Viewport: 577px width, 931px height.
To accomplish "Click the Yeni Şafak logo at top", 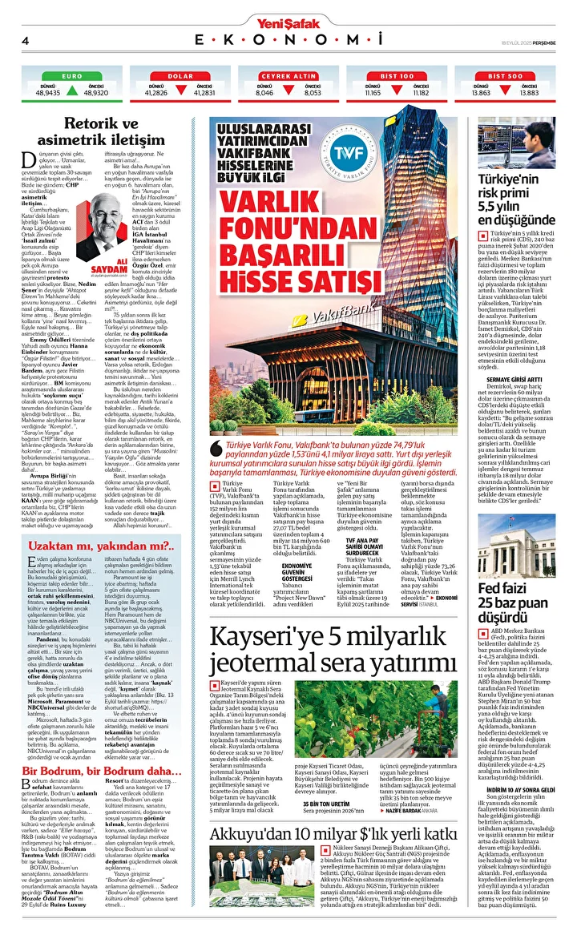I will [288, 22].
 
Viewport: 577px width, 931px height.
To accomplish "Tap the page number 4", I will [26, 40].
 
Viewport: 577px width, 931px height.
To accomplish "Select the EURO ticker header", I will [72, 75].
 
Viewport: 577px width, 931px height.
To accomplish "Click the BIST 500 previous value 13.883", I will [529, 93].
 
